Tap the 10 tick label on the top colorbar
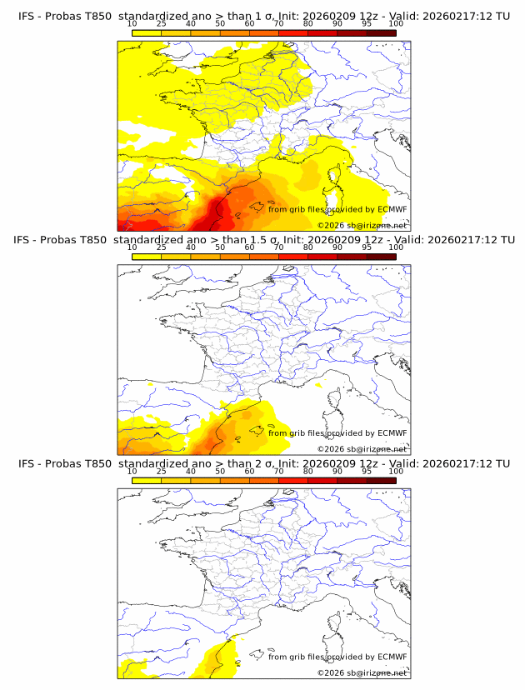[132, 24]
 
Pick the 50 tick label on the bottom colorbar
[220, 471]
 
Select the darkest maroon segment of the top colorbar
[381, 32]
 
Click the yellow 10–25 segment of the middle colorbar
[147, 256]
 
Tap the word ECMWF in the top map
[392, 209]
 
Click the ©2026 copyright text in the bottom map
[331, 672]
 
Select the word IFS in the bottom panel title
[27, 463]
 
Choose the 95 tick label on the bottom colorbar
[367, 471]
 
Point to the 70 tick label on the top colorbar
[279, 24]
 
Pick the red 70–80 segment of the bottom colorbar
[293, 479]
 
